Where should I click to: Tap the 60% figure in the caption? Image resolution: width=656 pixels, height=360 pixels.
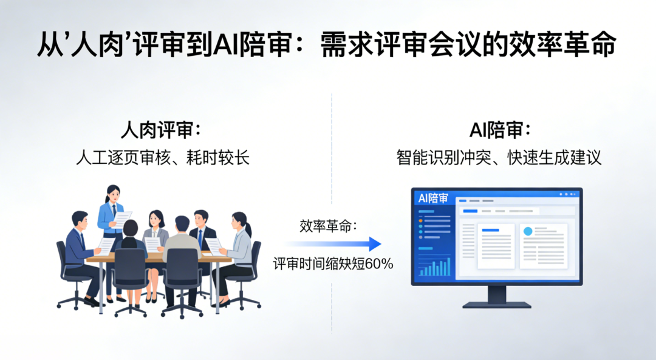[381, 264]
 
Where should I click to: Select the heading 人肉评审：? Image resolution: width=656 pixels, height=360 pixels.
[160, 130]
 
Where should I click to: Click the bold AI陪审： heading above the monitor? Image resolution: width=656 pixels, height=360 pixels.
[500, 130]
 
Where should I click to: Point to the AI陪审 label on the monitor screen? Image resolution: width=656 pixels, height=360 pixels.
[434, 199]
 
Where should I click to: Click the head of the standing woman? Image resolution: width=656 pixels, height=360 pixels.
[112, 194]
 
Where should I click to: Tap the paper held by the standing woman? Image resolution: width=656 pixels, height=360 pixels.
[122, 219]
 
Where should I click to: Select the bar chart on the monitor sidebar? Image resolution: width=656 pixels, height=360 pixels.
[435, 267]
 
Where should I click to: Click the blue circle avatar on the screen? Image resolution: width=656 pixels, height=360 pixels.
[527, 231]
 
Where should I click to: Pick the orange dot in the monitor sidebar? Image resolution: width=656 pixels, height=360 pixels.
[420, 220]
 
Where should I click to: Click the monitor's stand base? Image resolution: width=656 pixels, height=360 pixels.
[496, 304]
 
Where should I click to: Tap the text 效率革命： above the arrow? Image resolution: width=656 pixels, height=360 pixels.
[329, 226]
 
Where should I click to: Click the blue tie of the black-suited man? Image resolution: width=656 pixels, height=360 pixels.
[200, 238]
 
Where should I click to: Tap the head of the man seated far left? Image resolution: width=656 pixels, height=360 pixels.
[80, 219]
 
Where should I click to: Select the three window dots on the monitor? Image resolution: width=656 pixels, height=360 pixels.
[567, 194]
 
